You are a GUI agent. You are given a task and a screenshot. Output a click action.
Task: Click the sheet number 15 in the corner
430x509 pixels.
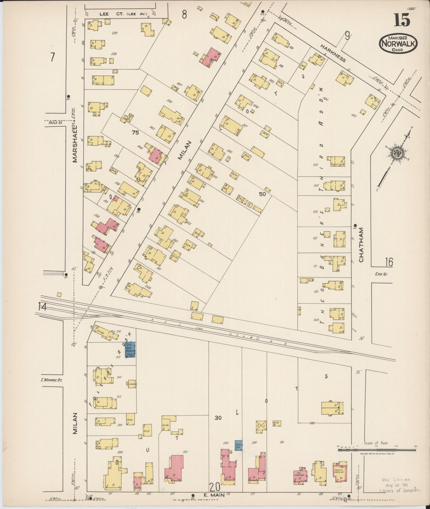pos(402,20)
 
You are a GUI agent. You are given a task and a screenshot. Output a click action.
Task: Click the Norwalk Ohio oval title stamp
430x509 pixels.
pos(398,43)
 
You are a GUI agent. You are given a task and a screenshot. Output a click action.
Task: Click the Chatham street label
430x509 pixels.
pos(361,245)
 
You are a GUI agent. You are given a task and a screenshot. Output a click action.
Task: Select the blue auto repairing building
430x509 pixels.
pos(130,350)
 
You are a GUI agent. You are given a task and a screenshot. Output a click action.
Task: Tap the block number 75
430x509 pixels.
pos(135,133)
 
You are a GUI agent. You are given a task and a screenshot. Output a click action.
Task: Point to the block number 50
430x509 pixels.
pos(262,194)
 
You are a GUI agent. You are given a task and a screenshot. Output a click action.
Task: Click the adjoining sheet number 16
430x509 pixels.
pos(389,262)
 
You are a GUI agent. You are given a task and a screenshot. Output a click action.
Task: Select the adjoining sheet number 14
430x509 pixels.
pos(42,306)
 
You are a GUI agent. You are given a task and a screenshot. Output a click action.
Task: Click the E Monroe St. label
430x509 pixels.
pos(51,380)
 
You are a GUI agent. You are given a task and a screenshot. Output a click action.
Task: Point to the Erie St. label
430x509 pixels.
pos(380,274)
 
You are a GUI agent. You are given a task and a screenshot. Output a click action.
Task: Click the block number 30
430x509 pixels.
pos(218,418)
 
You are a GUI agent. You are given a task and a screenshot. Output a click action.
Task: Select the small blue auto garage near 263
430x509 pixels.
pos(238,445)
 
